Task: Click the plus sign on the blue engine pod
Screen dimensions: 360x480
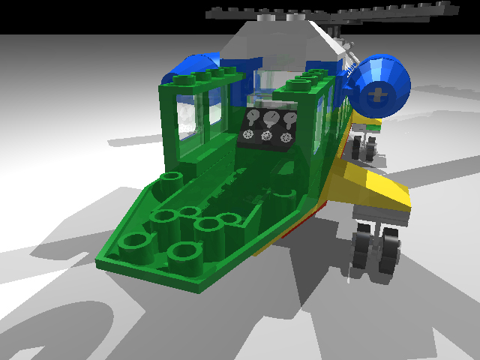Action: (x=380, y=94)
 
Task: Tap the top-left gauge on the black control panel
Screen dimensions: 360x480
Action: (x=253, y=117)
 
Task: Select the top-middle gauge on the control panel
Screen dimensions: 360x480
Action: (x=271, y=118)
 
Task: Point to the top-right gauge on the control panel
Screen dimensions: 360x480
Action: (x=289, y=118)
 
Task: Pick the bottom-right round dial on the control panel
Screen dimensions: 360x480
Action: (x=285, y=137)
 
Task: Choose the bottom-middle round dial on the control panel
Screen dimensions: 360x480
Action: (x=266, y=136)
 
